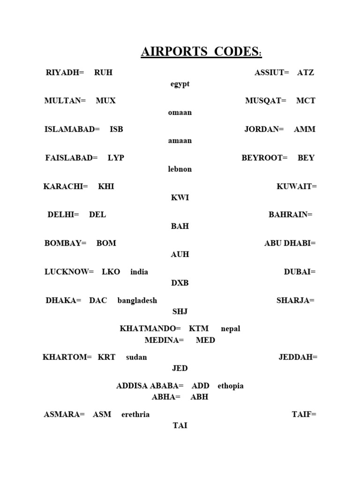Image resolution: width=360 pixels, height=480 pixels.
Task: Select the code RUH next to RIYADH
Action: click(103, 73)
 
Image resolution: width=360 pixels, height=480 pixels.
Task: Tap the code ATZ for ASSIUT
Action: click(306, 73)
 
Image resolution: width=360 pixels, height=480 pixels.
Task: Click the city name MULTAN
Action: click(65, 101)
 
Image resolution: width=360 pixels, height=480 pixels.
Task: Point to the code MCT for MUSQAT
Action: click(306, 101)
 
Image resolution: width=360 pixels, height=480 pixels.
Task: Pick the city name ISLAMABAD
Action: click(72, 129)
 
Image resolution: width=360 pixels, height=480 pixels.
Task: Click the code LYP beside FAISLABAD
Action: click(116, 158)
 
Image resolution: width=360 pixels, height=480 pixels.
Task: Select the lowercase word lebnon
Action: click(180, 169)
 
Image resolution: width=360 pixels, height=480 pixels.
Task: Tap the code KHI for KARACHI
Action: click(106, 187)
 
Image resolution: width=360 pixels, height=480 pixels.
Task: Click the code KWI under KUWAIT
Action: click(180, 198)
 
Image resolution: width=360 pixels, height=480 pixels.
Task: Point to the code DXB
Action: click(180, 283)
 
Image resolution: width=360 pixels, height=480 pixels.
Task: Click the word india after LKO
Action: click(139, 272)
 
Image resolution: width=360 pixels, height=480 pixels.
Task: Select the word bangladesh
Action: click(137, 300)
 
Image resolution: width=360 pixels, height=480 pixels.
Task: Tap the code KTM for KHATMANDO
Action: click(199, 329)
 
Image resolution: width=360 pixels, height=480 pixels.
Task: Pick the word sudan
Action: click(136, 357)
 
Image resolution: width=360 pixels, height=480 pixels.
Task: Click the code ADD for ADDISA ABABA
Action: click(200, 386)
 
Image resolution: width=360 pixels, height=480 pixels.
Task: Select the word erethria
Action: click(135, 414)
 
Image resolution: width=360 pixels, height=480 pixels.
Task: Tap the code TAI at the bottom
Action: click(180, 426)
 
